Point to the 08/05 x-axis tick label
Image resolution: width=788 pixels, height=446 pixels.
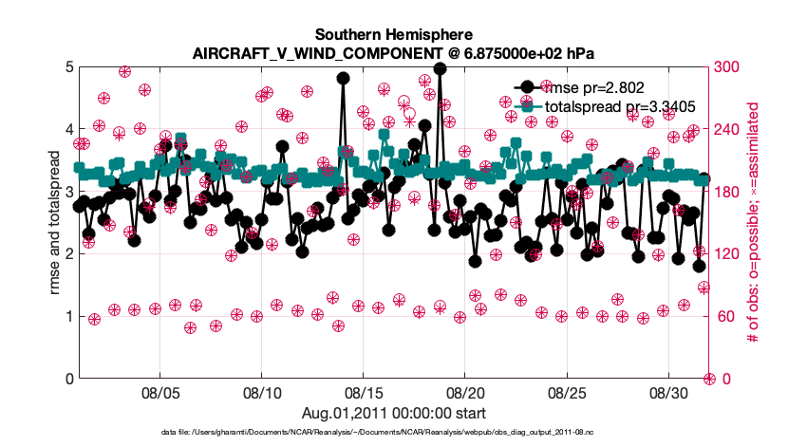160,392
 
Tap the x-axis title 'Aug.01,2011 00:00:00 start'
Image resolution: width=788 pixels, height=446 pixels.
394,413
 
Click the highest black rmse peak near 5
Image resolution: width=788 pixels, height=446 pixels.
440,68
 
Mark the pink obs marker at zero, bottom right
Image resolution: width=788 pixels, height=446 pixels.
708,379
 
